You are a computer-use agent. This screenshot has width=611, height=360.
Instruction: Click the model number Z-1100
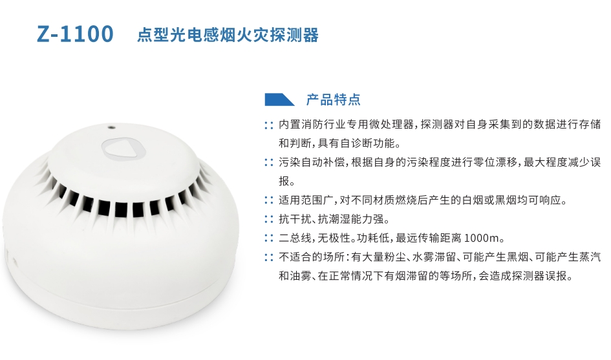pos(75,34)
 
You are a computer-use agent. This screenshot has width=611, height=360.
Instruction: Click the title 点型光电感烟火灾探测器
pos(228,35)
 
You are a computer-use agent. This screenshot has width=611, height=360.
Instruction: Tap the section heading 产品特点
pos(333,100)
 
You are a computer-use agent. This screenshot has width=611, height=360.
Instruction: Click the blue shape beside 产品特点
pos(279,100)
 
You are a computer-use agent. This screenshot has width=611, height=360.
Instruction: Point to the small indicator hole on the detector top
pos(111,127)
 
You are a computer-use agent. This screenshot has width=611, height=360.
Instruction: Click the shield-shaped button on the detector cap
pos(124,149)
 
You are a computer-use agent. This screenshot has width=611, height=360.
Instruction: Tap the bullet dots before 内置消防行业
pos(269,125)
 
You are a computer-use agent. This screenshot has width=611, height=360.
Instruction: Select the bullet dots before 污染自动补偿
pos(269,162)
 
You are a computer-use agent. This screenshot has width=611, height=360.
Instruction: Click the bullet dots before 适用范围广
pos(269,200)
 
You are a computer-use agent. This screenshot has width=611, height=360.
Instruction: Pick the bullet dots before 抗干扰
pos(269,219)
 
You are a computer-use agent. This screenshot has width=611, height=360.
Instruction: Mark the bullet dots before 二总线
pos(269,238)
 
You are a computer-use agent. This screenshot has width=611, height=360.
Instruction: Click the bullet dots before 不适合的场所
pos(269,257)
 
